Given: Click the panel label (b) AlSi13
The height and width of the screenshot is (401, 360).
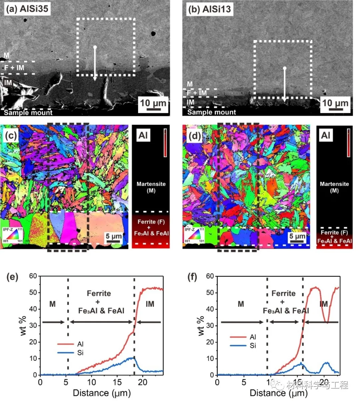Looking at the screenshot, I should [209, 9].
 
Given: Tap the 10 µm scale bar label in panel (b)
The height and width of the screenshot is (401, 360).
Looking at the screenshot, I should [335, 103].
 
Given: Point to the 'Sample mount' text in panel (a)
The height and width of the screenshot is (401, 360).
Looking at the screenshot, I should [28, 113].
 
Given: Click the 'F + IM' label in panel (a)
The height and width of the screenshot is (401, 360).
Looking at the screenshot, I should [14, 68].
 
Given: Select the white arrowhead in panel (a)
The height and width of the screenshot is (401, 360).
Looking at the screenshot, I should [95, 78].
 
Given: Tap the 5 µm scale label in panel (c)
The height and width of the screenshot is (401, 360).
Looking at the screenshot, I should [114, 236].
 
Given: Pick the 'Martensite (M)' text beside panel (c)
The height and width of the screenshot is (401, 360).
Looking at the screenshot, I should [151, 187].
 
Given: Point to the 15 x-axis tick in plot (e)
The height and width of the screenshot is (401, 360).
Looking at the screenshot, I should [117, 382].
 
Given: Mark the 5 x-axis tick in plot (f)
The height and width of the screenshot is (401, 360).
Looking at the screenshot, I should [244, 382].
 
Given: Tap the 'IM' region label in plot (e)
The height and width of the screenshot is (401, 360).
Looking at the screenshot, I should [150, 304].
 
